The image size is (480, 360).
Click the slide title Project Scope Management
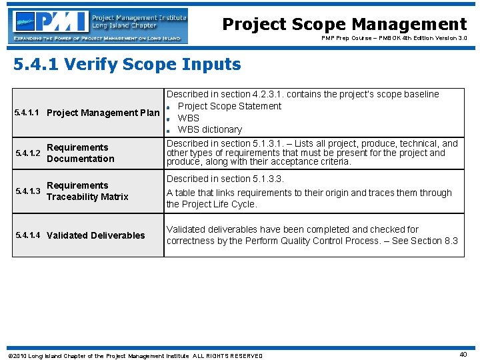point(344,25)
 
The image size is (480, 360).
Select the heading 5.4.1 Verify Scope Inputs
point(127,65)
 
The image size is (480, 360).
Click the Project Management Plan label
point(103,113)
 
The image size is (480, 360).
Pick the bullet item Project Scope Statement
point(229,106)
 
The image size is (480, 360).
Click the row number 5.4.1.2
point(27,153)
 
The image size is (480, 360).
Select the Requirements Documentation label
point(80,153)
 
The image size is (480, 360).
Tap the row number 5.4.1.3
point(27,191)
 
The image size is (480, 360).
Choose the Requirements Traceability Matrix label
point(87,191)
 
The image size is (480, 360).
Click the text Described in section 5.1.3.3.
point(225,179)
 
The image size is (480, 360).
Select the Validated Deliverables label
point(95,235)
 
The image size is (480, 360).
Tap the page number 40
point(463,355)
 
